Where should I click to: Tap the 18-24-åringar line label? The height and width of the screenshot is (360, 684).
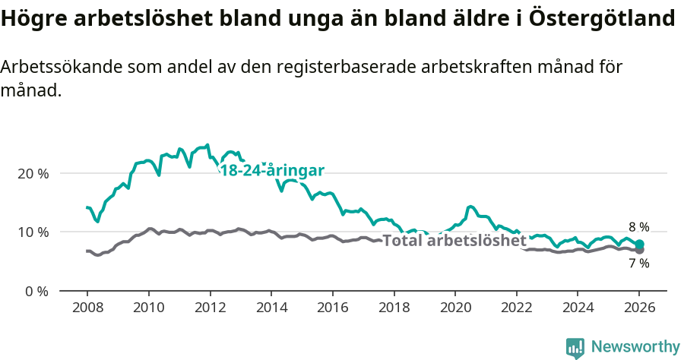(x=272, y=170)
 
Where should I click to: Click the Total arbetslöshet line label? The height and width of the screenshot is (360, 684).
(x=454, y=241)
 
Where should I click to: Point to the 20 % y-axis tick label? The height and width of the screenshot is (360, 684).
(x=33, y=173)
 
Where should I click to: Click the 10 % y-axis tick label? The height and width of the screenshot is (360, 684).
(x=33, y=232)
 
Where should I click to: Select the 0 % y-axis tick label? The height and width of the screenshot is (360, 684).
(x=36, y=291)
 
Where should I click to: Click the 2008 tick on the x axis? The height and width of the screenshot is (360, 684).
(x=87, y=308)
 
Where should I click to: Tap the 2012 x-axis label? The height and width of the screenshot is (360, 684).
(x=209, y=308)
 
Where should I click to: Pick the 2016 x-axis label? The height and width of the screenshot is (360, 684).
(x=332, y=308)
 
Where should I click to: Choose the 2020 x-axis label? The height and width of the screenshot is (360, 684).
(x=454, y=308)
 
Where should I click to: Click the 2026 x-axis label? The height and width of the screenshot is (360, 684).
(x=639, y=308)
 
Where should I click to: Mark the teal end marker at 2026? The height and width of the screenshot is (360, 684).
(x=639, y=244)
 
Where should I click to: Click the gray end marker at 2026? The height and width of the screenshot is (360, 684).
(x=639, y=250)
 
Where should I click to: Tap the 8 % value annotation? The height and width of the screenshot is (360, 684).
(x=638, y=227)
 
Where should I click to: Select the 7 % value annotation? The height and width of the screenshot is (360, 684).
(x=638, y=264)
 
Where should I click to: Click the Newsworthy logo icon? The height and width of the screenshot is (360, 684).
(x=575, y=347)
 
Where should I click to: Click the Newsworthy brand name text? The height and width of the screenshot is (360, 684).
(x=635, y=347)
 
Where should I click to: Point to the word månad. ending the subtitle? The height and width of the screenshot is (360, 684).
(x=30, y=91)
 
